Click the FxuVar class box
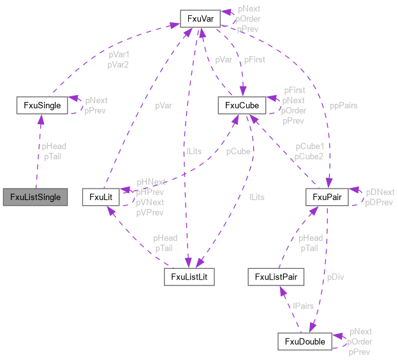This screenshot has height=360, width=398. pyautogui.click(x=200, y=19)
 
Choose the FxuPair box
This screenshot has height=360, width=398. pyautogui.click(x=327, y=198)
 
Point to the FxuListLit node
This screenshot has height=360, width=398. pyautogui.click(x=189, y=277)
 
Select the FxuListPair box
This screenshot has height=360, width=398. pyautogui.click(x=276, y=277)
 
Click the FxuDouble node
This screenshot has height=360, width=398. pyautogui.click(x=304, y=342)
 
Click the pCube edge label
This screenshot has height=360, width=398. pyautogui.click(x=239, y=152)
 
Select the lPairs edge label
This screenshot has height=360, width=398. pyautogui.click(x=303, y=306)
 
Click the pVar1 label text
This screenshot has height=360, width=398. pyautogui.click(x=119, y=55)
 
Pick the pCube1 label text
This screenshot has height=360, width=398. pyautogui.click(x=309, y=147)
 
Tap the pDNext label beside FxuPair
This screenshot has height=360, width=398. pyautogui.click(x=380, y=192)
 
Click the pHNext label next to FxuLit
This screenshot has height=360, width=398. pyautogui.click(x=151, y=182)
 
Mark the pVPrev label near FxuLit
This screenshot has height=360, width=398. pyautogui.click(x=151, y=212)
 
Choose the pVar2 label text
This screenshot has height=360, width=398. pyautogui.click(x=119, y=64)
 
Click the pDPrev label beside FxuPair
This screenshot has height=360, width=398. pyautogui.click(x=380, y=202)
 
